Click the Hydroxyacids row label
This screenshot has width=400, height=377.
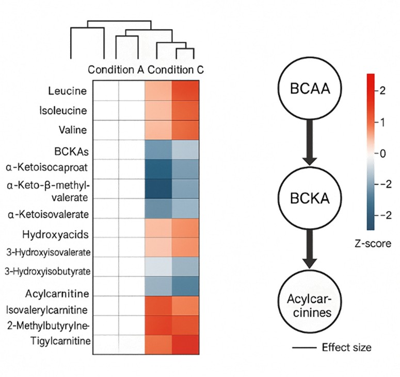[58, 234]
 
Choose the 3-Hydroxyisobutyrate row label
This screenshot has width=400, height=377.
[47, 270]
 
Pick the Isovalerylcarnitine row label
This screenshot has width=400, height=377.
[47, 310]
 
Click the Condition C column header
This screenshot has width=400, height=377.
[175, 70]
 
